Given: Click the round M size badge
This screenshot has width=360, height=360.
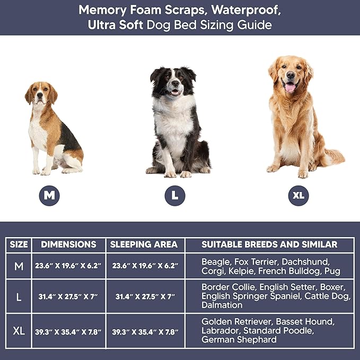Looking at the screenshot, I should [x=49, y=195].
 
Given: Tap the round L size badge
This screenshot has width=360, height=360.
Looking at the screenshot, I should [x=175, y=195].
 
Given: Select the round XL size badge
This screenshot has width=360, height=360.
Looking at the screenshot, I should [x=298, y=195].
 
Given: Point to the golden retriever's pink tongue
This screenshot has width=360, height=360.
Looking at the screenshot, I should [x=290, y=87].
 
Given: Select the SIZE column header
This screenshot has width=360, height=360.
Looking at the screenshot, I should [x=19, y=244].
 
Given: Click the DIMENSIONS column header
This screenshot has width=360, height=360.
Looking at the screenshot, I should [x=69, y=244].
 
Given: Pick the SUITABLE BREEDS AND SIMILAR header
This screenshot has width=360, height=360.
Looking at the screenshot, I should [x=269, y=244].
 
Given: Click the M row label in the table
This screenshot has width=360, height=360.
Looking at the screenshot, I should [x=19, y=266].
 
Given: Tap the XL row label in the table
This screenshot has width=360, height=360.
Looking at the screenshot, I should [x=19, y=331].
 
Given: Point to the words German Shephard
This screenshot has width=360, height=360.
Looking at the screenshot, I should [x=239, y=339].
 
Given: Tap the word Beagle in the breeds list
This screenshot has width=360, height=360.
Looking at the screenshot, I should [x=215, y=262].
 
